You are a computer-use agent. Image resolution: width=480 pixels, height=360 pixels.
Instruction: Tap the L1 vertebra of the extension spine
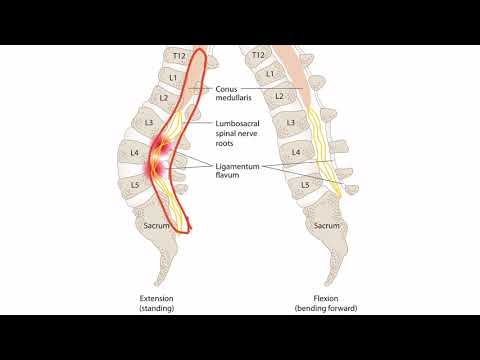click(x=172, y=76)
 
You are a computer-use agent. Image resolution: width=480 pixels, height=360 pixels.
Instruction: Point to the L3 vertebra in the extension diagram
click(x=149, y=122)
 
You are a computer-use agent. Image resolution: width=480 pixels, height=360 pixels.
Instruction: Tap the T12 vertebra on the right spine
click(x=259, y=55)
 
